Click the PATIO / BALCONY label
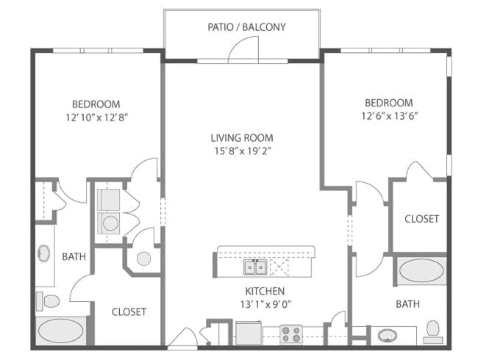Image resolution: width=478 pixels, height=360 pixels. point(246,27)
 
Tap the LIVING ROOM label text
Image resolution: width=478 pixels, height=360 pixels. point(242,137)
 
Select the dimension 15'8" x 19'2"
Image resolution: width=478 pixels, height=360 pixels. point(243,151)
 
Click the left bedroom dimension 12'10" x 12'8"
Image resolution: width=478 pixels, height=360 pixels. point(96,118)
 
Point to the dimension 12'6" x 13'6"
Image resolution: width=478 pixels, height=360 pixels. point(389,116)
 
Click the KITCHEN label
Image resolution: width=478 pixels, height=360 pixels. point(265,291)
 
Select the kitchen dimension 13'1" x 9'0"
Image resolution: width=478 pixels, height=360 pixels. point(266,304)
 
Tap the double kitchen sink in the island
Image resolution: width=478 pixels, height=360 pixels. point(255,267)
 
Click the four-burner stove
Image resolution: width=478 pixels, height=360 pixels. point(291,334)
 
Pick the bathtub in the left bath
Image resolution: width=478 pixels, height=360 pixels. point(60,331)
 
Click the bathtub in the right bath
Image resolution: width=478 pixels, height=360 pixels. point(421,270)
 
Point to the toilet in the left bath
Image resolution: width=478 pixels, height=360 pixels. point(48,301)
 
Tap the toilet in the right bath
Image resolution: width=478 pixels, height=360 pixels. point(433,332)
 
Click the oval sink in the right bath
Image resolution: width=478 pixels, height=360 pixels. point(388,336)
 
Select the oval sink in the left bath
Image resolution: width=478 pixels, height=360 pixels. point(44,253)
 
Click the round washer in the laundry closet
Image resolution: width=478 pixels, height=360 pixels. point(110,223)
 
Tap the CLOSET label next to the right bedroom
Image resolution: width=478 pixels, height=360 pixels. point(421,219)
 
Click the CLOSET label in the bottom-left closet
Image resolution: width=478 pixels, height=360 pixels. point(129,312)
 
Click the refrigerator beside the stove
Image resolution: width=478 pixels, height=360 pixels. point(249,334)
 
